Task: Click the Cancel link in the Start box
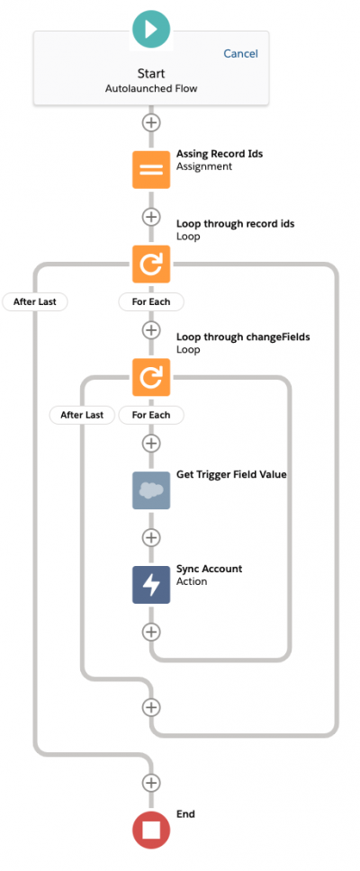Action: (240, 53)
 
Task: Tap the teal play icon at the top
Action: (150, 29)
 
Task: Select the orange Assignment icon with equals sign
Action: (151, 169)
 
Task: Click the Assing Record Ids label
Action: (220, 154)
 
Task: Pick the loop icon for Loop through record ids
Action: (151, 264)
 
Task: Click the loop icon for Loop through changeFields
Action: (151, 377)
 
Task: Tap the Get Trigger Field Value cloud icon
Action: (151, 490)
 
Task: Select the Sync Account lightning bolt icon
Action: (151, 585)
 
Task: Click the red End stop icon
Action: (151, 831)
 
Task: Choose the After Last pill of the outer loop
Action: (35, 302)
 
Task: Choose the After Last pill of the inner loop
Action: (82, 415)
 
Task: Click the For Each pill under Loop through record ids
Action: (151, 302)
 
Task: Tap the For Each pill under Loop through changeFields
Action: (151, 415)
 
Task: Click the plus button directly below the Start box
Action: (151, 122)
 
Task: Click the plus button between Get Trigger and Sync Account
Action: (151, 538)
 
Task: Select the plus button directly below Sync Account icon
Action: (151, 632)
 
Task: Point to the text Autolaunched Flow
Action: (151, 88)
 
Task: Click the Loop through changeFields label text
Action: (244, 337)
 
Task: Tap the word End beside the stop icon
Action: (185, 813)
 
